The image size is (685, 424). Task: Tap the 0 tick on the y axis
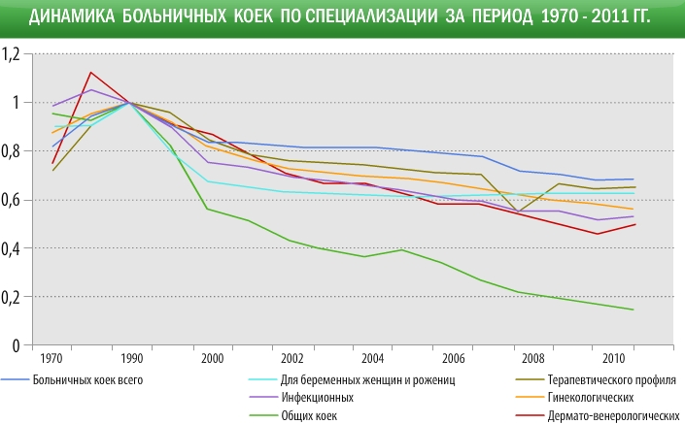point(16,345)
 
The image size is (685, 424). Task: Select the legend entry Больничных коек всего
point(88,379)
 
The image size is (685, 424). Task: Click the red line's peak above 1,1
point(90,72)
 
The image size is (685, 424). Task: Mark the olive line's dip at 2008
point(519,212)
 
